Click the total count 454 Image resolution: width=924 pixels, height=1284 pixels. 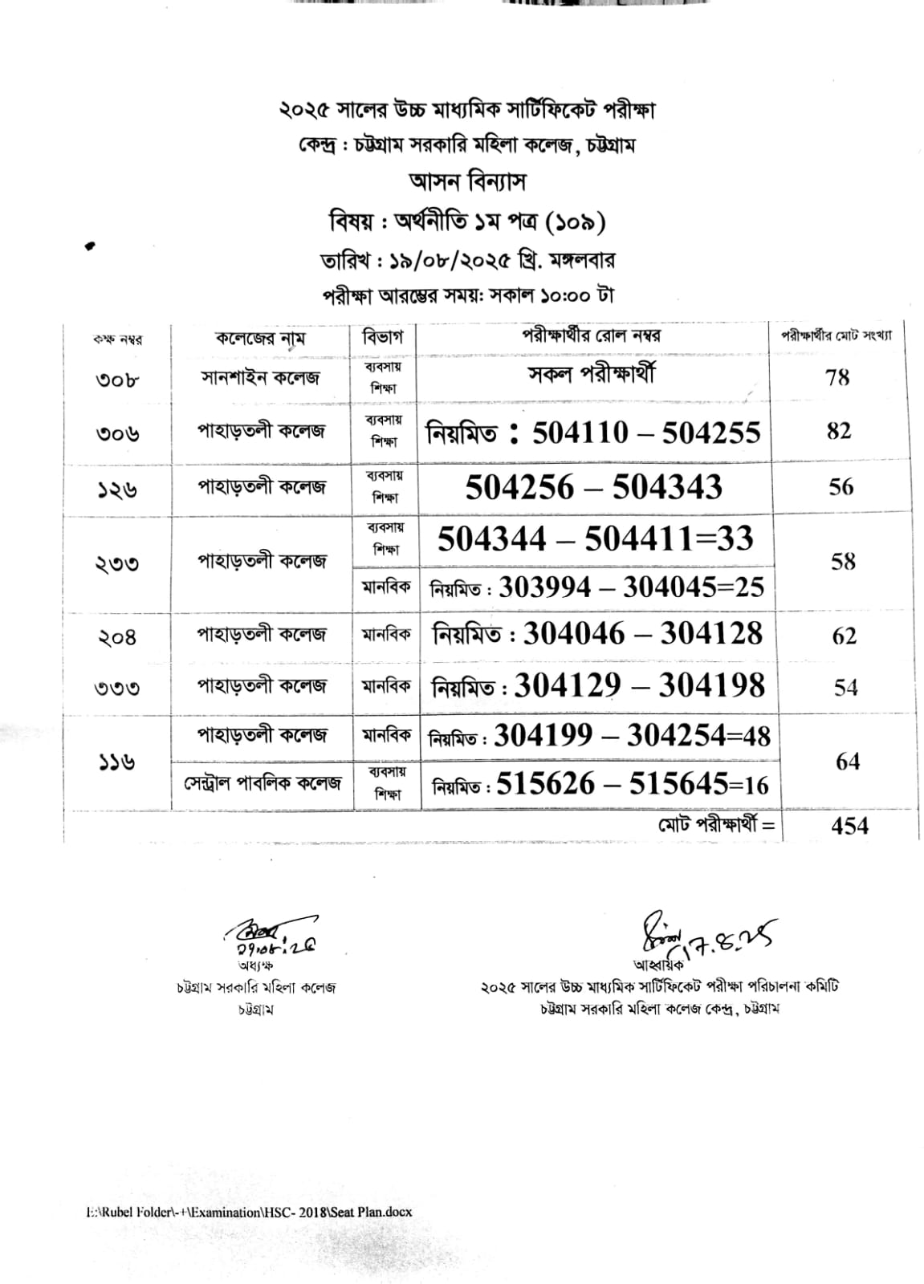pyautogui.click(x=849, y=825)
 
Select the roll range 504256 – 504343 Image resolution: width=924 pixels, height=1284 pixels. pyautogui.click(x=593, y=488)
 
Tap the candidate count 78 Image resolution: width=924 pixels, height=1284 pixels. pyautogui.click(x=837, y=376)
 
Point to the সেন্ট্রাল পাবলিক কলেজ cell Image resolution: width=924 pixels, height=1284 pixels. pyautogui.click(x=261, y=782)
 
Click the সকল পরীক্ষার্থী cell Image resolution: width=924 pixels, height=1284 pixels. pyautogui.click(x=592, y=374)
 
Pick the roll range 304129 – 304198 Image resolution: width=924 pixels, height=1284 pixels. pyautogui.click(x=639, y=686)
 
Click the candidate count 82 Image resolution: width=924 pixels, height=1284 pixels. pyautogui.click(x=839, y=431)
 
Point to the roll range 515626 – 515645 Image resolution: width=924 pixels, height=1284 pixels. pyautogui.click(x=632, y=784)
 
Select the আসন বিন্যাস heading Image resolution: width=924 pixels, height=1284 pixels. pyautogui.click(x=467, y=182)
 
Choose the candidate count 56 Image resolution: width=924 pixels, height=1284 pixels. pyautogui.click(x=841, y=487)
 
